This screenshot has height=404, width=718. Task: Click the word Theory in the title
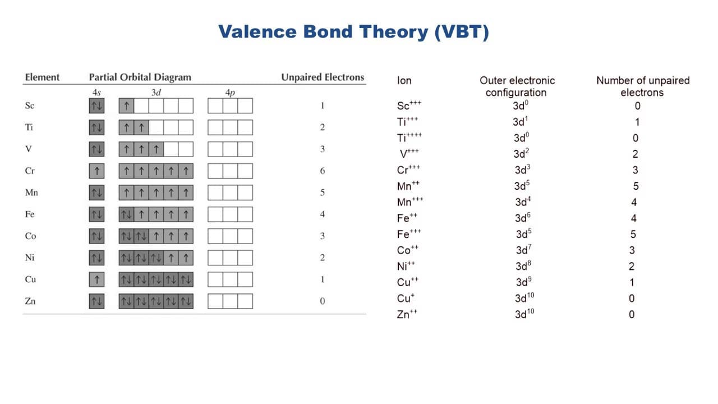(x=394, y=32)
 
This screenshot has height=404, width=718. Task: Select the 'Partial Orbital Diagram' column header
(x=140, y=77)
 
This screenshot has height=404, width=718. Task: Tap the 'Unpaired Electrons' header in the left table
(x=323, y=77)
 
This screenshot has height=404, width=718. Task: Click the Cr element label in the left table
(x=30, y=171)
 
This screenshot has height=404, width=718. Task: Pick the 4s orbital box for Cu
(x=97, y=279)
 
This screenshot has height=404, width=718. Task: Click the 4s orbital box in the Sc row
(x=97, y=106)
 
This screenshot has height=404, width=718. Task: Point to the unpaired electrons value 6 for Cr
(x=323, y=171)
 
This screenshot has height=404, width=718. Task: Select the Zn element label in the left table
(x=30, y=301)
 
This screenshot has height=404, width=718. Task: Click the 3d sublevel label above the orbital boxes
(x=156, y=93)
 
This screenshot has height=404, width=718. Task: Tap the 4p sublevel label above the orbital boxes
(x=230, y=93)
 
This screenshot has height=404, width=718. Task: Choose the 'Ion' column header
(x=404, y=80)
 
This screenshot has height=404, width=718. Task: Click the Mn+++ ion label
(x=410, y=201)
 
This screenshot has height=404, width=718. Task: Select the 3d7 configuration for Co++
(x=523, y=250)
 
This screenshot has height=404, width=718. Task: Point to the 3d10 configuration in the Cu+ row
(x=524, y=298)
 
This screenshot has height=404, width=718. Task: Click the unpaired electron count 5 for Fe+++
(x=633, y=235)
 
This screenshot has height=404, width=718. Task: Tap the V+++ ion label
(x=409, y=154)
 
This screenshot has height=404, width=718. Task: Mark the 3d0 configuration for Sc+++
(x=521, y=105)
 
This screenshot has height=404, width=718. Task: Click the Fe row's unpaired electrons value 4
(x=323, y=214)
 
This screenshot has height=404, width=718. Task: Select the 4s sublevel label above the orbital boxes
(x=96, y=93)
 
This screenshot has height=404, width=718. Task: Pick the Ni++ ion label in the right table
(x=406, y=266)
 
